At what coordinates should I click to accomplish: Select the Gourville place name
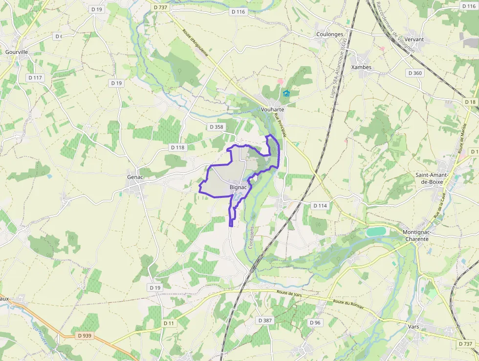click(17, 52)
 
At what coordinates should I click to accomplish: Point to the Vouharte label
click(272, 110)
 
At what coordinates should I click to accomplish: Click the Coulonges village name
click(330, 34)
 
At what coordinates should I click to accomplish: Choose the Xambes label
click(361, 67)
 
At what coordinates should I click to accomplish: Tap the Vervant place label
click(414, 39)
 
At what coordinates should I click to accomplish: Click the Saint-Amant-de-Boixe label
click(435, 178)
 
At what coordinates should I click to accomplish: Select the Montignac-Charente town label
click(416, 236)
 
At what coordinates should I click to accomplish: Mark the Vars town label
click(414, 326)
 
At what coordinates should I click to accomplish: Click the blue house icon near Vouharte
click(286, 93)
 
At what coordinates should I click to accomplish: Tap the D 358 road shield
click(216, 127)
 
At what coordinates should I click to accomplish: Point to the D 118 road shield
click(177, 147)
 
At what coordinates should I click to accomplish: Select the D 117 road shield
click(35, 78)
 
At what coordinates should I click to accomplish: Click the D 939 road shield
click(84, 336)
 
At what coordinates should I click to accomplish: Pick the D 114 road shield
click(320, 206)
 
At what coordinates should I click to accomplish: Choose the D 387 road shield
click(265, 320)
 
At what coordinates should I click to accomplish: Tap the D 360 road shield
click(415, 73)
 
